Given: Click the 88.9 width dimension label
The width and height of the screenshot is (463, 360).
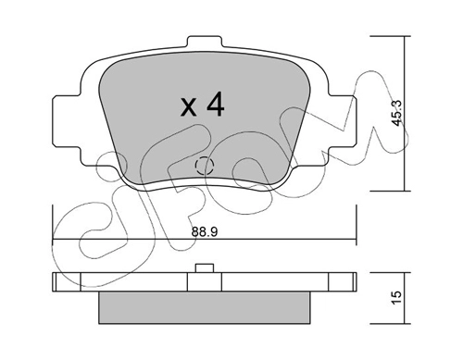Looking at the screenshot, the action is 205,232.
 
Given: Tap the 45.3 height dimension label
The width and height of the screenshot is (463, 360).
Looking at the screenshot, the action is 396,113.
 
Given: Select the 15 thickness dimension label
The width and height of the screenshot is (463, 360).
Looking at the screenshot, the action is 397,297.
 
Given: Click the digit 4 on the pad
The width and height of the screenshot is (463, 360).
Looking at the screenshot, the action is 216,105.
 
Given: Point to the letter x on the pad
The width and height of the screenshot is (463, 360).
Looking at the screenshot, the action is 189,107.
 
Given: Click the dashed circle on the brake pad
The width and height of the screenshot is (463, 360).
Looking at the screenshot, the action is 205,166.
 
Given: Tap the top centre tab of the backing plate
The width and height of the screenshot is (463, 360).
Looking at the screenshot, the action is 205,42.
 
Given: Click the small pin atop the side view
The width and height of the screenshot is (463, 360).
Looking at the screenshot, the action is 205,268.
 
